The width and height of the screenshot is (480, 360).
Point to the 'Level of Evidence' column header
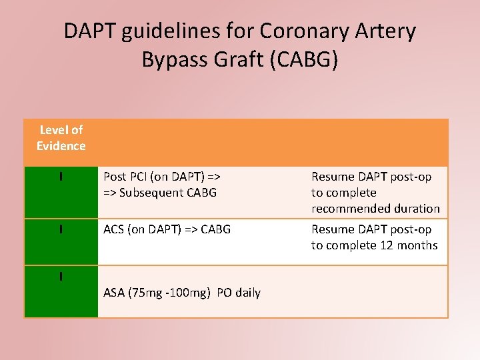(61, 138)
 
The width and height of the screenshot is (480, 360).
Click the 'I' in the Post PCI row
(61, 177)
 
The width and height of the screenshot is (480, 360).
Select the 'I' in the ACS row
(61, 229)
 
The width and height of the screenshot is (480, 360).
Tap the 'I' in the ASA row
(61, 276)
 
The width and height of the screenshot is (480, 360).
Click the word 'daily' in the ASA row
(246, 293)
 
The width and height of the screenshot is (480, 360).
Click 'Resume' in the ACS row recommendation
(333, 229)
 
